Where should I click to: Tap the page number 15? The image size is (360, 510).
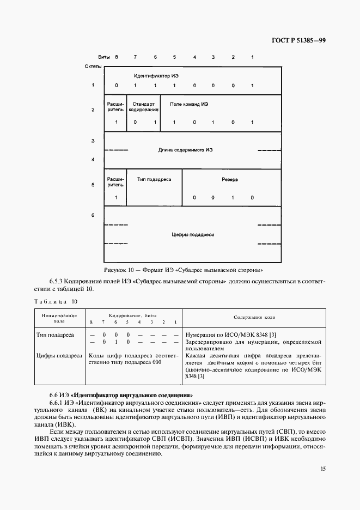(x=324, y=468)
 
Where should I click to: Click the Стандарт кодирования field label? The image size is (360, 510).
(x=144, y=106)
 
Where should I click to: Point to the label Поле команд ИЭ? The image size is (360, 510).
(x=189, y=104)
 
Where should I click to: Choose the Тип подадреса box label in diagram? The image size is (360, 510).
(x=154, y=179)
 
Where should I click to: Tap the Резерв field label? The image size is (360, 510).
(x=229, y=179)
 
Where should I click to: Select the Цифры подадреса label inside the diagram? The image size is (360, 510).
(x=193, y=234)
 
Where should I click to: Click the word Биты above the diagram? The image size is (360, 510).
(x=103, y=57)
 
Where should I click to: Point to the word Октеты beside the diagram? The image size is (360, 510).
(x=93, y=66)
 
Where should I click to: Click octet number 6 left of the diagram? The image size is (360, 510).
(x=93, y=215)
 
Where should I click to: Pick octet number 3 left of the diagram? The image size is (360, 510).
(x=93, y=141)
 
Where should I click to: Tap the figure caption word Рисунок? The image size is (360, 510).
(x=115, y=270)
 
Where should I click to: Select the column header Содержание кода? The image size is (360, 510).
(x=254, y=317)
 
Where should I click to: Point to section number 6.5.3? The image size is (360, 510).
(x=58, y=281)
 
